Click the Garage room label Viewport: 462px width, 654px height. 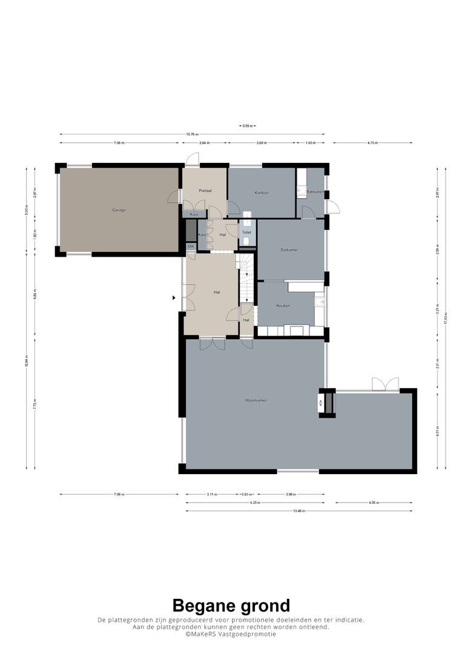[x=119, y=210]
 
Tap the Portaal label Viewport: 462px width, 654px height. [x=205, y=191]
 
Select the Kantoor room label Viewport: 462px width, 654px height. [x=262, y=193]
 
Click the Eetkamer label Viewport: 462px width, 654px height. [x=289, y=249]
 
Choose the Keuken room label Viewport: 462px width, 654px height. [x=283, y=305]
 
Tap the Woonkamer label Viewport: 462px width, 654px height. [x=256, y=400]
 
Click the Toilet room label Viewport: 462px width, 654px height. [x=246, y=232]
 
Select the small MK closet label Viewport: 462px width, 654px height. [x=191, y=246]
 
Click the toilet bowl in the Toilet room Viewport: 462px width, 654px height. [x=246, y=242]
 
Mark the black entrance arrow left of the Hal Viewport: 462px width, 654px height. [x=174, y=297]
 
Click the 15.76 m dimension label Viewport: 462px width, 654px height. [x=192, y=134]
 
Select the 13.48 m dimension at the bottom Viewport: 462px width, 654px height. [x=299, y=511]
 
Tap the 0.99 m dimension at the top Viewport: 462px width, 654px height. [x=247, y=126]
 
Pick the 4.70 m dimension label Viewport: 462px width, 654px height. [x=372, y=143]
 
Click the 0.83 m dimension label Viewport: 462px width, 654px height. [x=247, y=494]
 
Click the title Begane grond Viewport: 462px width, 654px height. [x=231, y=605]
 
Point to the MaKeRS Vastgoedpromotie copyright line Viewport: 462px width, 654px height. [x=231, y=634]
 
